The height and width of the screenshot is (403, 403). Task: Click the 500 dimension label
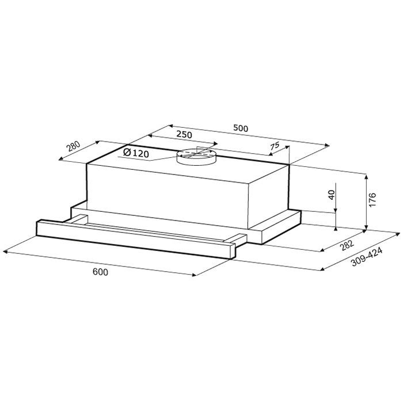241,128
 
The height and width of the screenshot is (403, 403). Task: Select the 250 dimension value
184,134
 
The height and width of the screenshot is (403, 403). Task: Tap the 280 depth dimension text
74,147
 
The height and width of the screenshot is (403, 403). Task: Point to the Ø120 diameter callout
136,153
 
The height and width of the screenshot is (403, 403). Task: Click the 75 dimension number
275,146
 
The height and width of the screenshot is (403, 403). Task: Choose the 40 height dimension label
332,195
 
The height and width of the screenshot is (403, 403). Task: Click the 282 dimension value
347,245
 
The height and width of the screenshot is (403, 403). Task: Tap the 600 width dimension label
101,272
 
